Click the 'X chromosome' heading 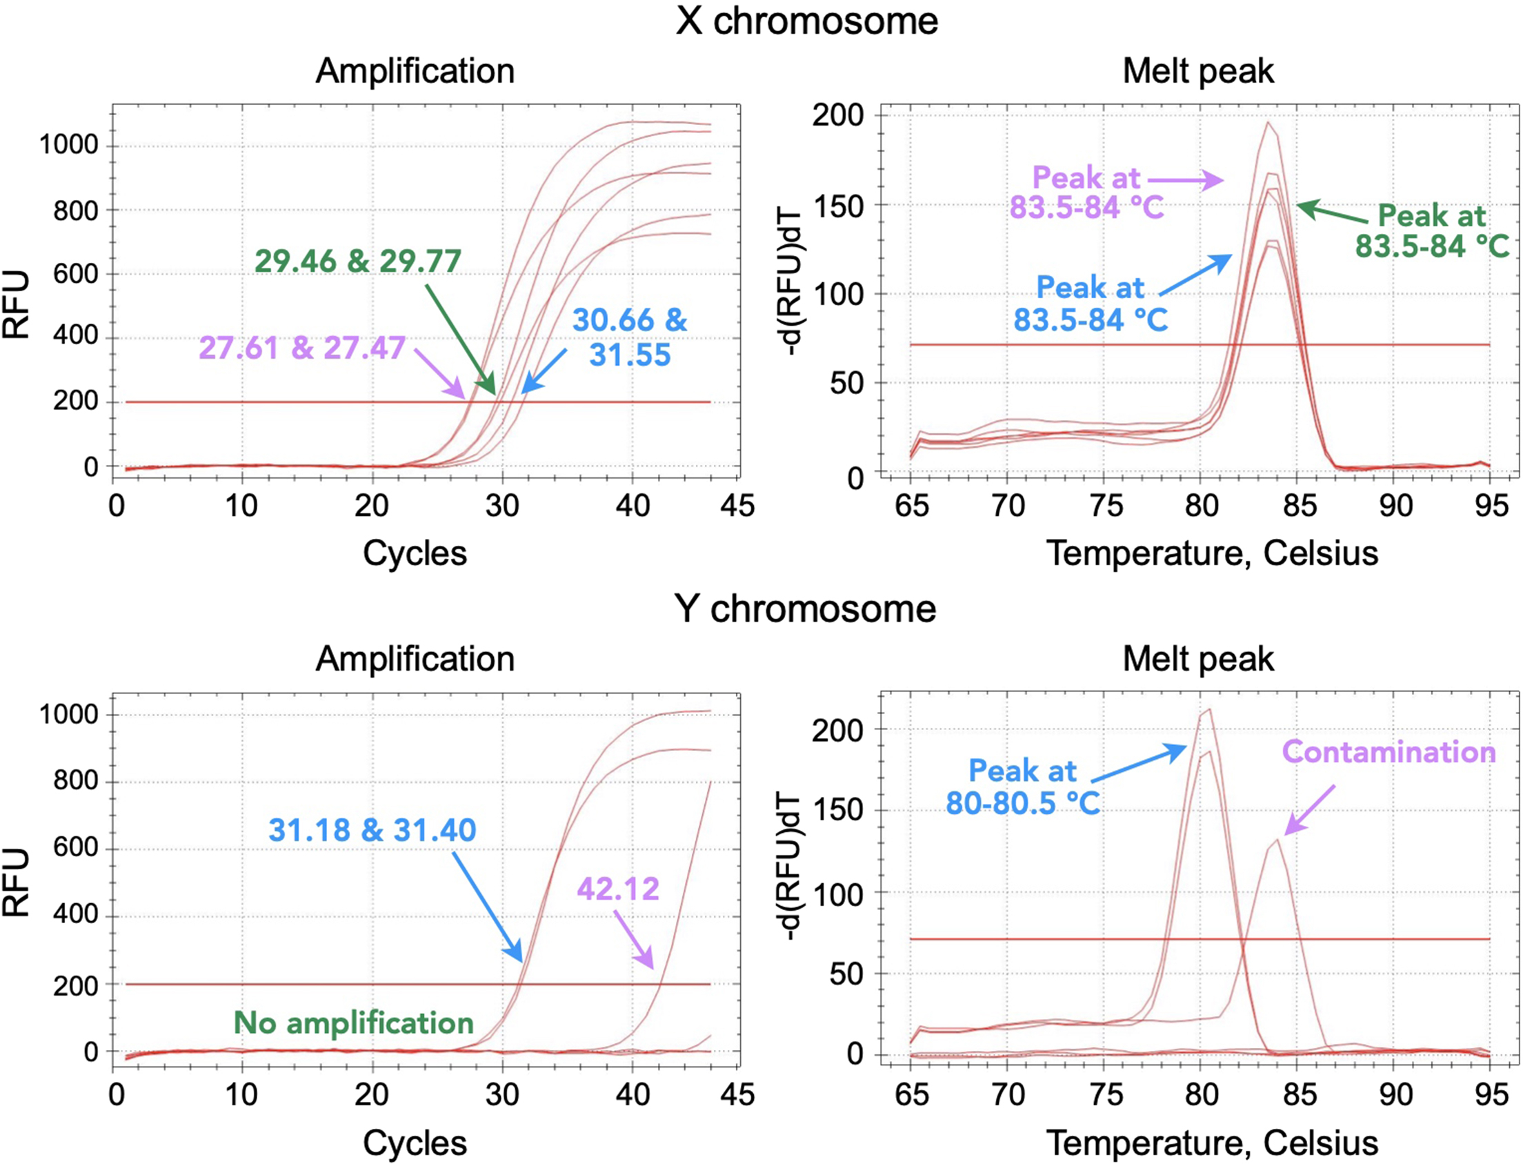806,21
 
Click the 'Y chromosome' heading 805,609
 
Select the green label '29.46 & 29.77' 357,262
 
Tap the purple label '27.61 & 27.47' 301,348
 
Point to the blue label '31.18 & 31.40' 372,829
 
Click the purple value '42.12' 618,888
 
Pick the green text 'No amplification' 353,1023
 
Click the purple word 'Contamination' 1388,752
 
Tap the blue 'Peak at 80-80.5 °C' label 1022,787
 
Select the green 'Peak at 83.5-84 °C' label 1431,230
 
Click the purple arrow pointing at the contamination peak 1309,810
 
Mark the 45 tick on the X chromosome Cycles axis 737,506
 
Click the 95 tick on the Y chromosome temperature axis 1491,1095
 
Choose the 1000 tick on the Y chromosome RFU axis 68,713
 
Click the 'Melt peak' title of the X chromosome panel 1197,70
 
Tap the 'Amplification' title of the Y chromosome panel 415,658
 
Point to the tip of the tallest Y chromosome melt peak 1209,709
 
